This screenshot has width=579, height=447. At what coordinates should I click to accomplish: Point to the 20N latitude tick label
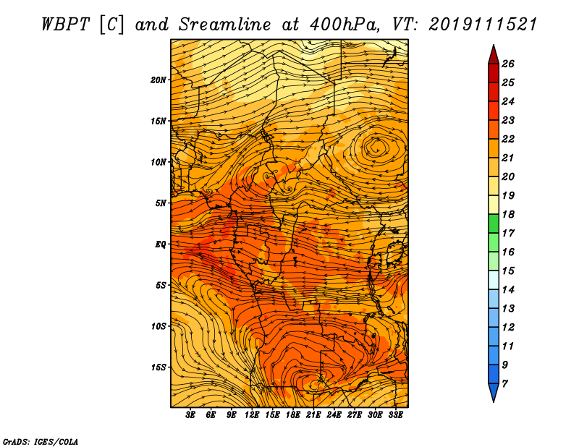point(159,80)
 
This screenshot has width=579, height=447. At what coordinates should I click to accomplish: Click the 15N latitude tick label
point(159,121)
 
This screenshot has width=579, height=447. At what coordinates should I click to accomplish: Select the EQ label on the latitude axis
point(161,244)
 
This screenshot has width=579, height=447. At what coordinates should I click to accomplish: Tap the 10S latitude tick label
point(159,326)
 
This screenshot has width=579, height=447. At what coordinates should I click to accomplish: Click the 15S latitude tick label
point(159,367)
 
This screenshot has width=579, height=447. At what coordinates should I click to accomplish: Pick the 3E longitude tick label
point(191,415)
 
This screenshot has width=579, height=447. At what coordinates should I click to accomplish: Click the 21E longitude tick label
point(313,415)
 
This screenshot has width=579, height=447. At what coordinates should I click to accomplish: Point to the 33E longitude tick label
point(395,415)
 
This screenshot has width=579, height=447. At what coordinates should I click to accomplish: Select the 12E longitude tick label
point(252,415)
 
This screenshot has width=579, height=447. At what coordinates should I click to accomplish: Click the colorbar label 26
point(507,64)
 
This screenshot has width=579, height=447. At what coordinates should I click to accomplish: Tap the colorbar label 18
point(507,214)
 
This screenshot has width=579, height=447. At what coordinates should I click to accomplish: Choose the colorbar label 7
point(504,383)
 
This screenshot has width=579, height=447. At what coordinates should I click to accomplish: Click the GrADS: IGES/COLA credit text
point(40,440)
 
